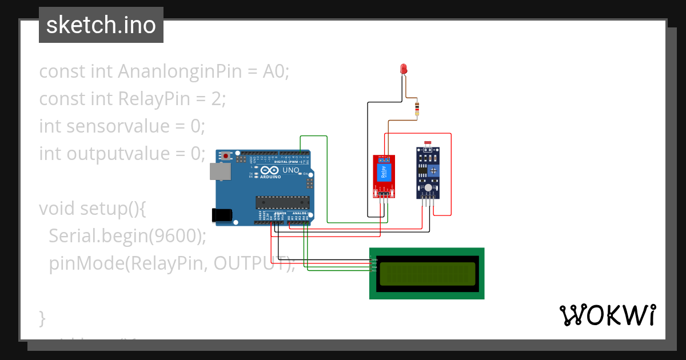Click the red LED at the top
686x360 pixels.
point(404,69)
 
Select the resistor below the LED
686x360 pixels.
point(417,109)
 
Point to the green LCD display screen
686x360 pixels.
point(427,274)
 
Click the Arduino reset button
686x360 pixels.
point(226,155)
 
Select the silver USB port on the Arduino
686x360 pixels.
point(217,171)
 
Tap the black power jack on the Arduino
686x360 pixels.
point(221,215)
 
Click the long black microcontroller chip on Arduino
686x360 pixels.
point(282,201)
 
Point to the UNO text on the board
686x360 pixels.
point(291,170)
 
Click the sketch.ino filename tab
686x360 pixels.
point(101,25)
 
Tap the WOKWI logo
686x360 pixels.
point(607,315)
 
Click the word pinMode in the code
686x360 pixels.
point(86,263)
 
